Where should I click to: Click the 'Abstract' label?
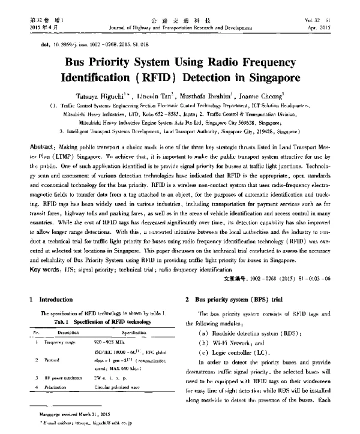(x=43, y=146)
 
